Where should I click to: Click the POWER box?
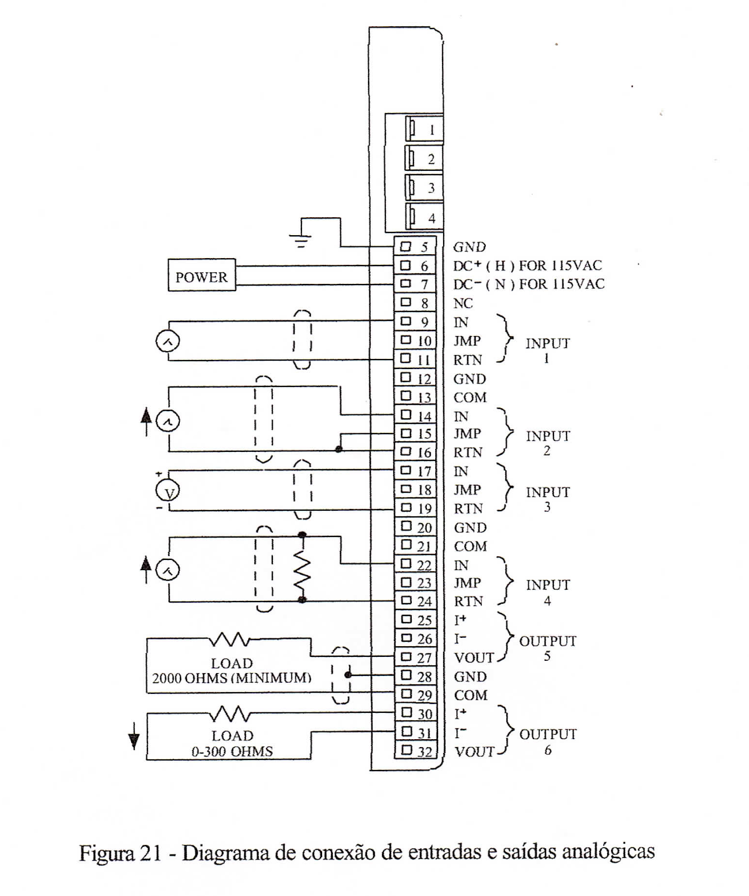coord(202,276)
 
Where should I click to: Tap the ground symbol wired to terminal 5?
coord(300,240)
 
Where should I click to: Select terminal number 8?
coord(415,303)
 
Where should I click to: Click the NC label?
coord(463,304)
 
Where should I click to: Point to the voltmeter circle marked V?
coord(167,492)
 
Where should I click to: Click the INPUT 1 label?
coord(547,349)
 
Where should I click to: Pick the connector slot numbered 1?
coord(424,129)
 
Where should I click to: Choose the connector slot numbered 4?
coord(424,217)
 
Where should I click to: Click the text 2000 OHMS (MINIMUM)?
coord(231,678)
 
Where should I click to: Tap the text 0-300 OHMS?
coord(232,752)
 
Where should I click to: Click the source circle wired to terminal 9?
coord(167,341)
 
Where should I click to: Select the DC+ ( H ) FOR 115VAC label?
coord(528,265)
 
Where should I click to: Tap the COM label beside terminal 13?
coord(470,398)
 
